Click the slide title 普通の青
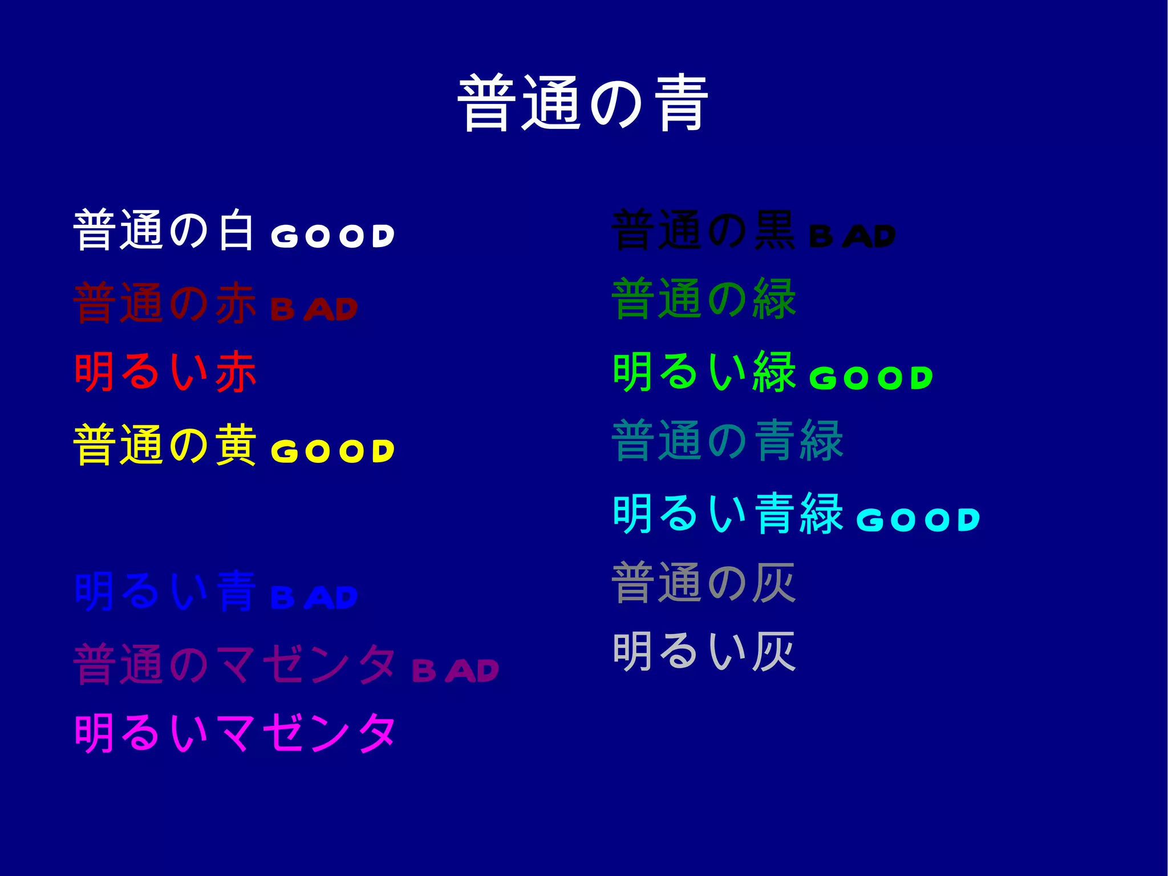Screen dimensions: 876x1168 [x=583, y=103]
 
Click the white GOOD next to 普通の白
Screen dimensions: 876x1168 [x=332, y=236]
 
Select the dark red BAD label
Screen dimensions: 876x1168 [x=314, y=309]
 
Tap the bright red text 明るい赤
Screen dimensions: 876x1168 [x=165, y=372]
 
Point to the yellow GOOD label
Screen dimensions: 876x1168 [x=332, y=451]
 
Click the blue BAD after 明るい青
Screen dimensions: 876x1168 [x=314, y=598]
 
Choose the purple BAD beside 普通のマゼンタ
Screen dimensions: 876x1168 [x=455, y=670]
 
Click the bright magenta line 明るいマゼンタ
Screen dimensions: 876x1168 [x=235, y=733]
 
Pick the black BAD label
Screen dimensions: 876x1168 [x=852, y=236]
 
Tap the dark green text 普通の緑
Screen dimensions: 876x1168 [x=704, y=299]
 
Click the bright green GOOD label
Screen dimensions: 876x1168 [x=870, y=378]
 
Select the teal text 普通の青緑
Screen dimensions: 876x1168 [x=727, y=440]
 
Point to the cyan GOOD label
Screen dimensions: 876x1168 [x=918, y=520]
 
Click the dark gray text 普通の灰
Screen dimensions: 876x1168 [x=704, y=583]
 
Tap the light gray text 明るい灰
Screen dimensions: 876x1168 [x=704, y=651]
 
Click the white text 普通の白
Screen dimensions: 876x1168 [x=164, y=230]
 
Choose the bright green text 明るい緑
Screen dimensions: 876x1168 [x=704, y=372]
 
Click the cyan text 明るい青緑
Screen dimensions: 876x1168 [x=727, y=514]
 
